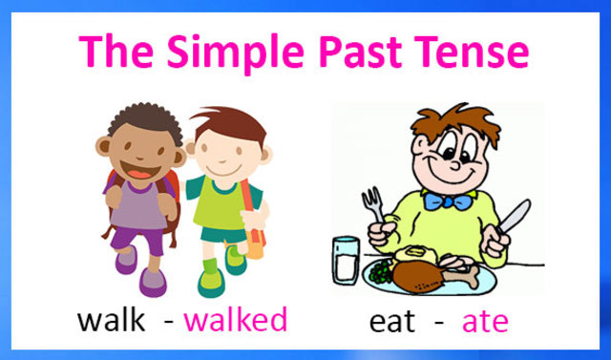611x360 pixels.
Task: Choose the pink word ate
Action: coord(485,322)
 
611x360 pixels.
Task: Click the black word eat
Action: coord(391,322)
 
